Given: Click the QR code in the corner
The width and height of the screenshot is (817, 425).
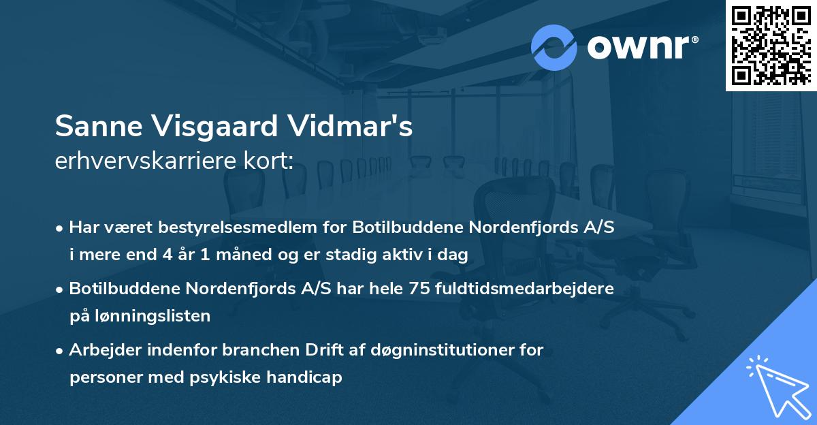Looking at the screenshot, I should point(771,45).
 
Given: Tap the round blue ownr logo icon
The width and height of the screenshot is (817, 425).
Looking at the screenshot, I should point(554,47).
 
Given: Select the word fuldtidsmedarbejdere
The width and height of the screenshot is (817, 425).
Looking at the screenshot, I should point(529,288).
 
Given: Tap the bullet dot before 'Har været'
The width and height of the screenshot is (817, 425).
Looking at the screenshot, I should point(61,228).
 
